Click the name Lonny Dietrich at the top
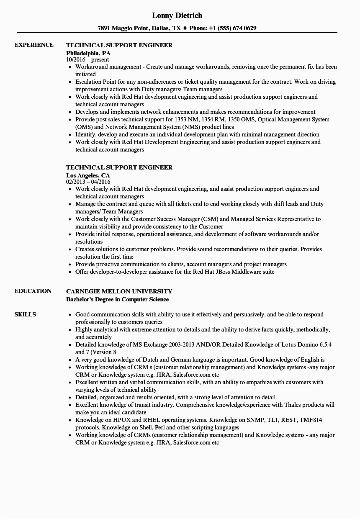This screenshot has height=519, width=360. (x=177, y=15)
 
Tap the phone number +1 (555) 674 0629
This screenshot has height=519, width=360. (x=234, y=28)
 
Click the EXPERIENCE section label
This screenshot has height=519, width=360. (x=34, y=45)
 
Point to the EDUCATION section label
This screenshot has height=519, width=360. (x=33, y=291)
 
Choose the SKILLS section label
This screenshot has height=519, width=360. (x=25, y=314)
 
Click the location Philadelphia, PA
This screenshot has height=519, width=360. (x=88, y=53)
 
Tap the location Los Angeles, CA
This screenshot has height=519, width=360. (x=88, y=175)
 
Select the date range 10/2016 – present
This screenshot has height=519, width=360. (x=87, y=60)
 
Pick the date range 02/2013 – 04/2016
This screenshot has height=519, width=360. (x=88, y=182)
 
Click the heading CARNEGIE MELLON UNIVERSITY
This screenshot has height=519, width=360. (x=119, y=291)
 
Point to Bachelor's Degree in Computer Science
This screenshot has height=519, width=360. (x=118, y=299)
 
